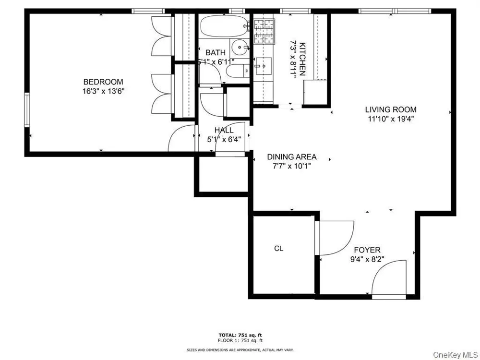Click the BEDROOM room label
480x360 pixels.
[x=103, y=82]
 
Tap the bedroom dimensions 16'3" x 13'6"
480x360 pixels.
[x=104, y=91]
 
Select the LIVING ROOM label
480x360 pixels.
[x=391, y=109]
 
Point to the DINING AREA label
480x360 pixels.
[x=292, y=157]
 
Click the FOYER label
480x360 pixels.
[x=367, y=250]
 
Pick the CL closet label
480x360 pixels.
[x=278, y=249]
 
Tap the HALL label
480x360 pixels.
[x=224, y=130]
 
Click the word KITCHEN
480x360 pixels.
[x=302, y=59]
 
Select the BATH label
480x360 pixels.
[x=216, y=52]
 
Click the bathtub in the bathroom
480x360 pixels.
[x=224, y=26]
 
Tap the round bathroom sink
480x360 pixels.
[x=240, y=48]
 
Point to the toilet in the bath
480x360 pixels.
[x=238, y=71]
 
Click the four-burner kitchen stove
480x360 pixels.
[x=264, y=31]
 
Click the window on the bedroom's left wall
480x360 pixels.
[x=27, y=109]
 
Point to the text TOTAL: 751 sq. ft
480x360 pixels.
[x=240, y=335]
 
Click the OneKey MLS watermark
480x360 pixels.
[x=456, y=355]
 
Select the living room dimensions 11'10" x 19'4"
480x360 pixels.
[x=391, y=119]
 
